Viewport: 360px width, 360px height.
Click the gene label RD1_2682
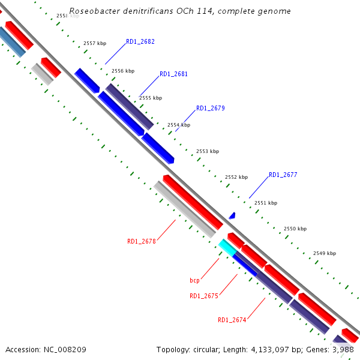coord(140,42)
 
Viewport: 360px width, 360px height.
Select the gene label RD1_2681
coord(173,74)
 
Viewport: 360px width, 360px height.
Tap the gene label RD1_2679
coord(210,109)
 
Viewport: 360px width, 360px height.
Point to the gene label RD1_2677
coord(283,175)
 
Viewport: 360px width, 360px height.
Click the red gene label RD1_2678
coord(141,241)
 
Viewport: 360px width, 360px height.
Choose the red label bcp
coord(194,280)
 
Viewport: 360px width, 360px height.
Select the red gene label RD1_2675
coord(203,296)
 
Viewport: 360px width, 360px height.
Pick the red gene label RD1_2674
coord(232,320)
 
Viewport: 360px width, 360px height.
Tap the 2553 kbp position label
coord(208,151)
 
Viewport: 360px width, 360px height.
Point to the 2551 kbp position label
coord(266,203)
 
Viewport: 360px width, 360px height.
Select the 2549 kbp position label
coord(325,253)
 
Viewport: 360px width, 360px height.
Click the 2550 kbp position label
coord(295,229)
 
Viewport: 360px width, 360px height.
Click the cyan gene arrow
coord(226,246)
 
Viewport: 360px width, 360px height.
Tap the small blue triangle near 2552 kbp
coord(232,215)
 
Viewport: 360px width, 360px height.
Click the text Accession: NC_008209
coord(46,349)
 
